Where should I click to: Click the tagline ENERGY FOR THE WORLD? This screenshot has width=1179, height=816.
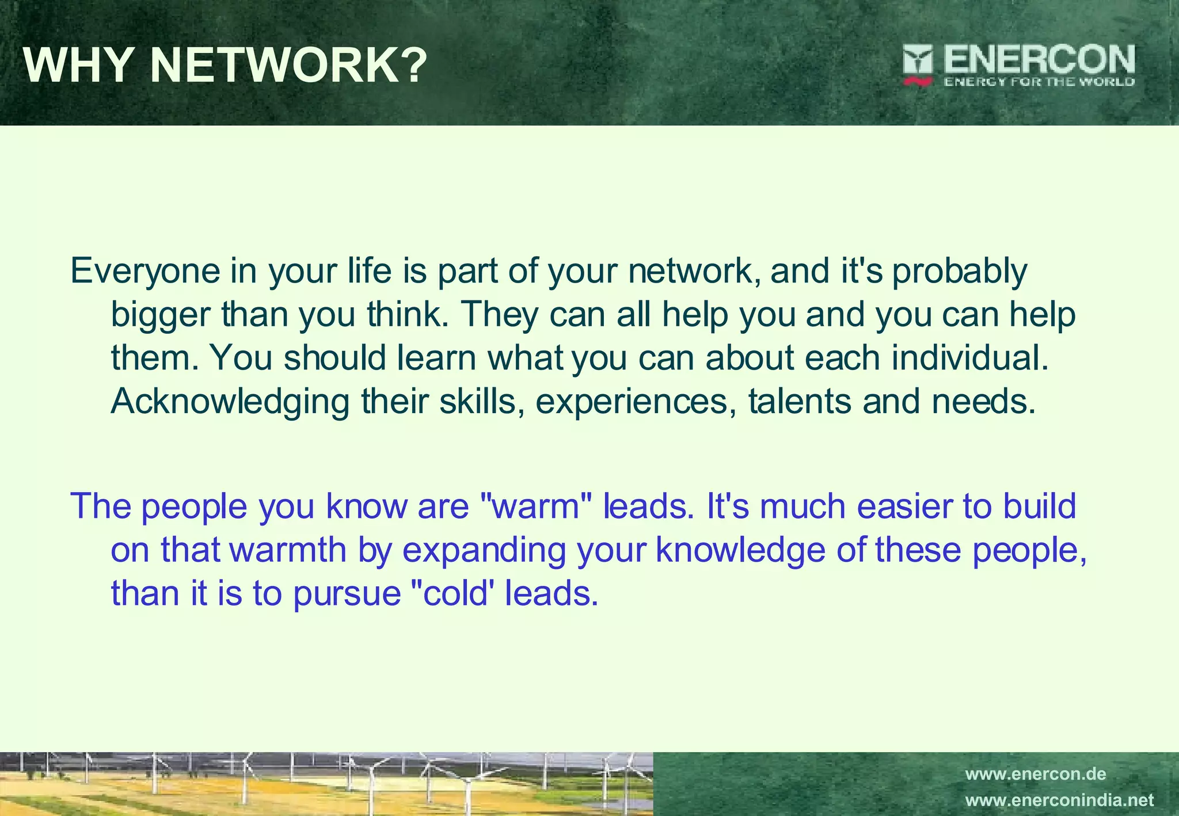(x=1039, y=82)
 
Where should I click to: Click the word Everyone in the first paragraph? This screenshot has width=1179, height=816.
(x=145, y=272)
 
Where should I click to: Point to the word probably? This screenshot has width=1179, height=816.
(x=959, y=272)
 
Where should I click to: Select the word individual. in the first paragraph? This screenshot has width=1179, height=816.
(x=970, y=358)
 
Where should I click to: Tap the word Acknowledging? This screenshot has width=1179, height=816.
(x=230, y=402)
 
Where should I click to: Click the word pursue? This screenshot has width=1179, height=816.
(x=347, y=594)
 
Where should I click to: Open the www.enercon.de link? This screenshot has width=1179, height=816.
(x=1035, y=774)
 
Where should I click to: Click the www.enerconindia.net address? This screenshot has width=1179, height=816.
(x=1059, y=800)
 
